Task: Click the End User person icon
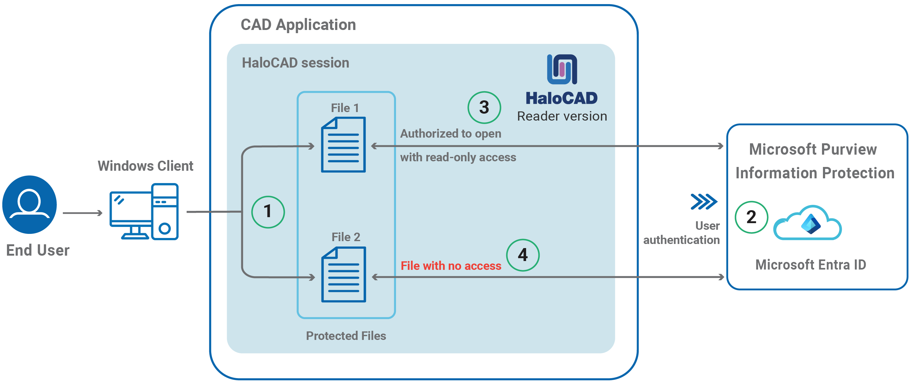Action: coord(29,205)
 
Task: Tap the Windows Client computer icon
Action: coord(144,211)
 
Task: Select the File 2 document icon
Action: coord(343,275)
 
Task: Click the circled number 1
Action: coord(268,212)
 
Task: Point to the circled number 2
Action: coord(751,217)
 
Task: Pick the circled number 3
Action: coord(484,108)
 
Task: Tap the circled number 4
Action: coord(523,255)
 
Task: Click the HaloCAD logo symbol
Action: coord(562,69)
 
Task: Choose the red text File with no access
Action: coord(451,266)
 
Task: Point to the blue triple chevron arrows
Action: coord(704,202)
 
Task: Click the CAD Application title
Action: coord(298,25)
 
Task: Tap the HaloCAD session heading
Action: coord(295,63)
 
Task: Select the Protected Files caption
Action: coord(346,336)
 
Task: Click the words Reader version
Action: coord(562,116)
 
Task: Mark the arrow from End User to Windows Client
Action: coord(82,213)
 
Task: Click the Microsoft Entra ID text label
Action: coord(811,265)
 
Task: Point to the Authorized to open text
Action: coord(451,134)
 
